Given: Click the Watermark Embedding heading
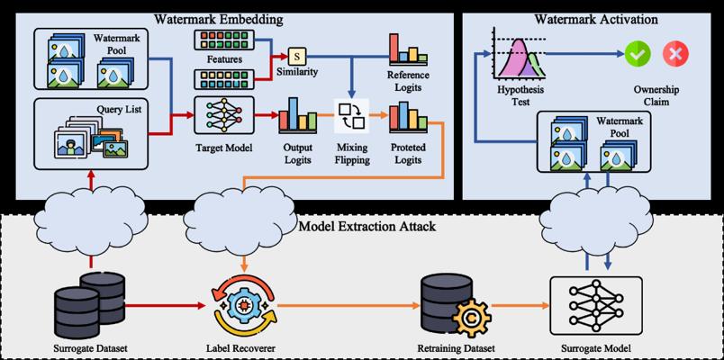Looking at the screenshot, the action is point(219,20).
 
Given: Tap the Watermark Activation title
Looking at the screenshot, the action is point(596,20).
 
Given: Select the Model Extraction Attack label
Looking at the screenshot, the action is point(367,227).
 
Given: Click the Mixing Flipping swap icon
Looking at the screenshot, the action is point(352,115).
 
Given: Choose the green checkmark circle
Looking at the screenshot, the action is point(638,53).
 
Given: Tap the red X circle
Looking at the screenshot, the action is point(675,53).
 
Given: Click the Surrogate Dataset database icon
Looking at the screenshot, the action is point(89,304).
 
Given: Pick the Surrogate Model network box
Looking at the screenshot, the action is point(595,306).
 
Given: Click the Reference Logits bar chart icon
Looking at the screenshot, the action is point(408,49).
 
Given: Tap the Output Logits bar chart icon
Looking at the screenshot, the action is point(297,115).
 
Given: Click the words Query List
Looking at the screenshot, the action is point(118,110).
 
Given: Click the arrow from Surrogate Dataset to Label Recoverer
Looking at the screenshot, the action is point(166,305).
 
